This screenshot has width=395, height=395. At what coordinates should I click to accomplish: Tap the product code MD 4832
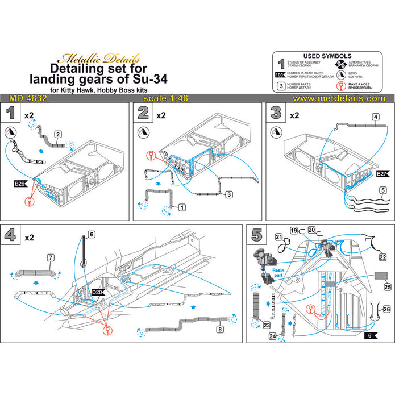(28, 98)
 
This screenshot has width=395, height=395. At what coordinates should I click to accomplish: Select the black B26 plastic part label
(20, 184)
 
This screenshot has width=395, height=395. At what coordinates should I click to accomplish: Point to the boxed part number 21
(279, 237)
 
